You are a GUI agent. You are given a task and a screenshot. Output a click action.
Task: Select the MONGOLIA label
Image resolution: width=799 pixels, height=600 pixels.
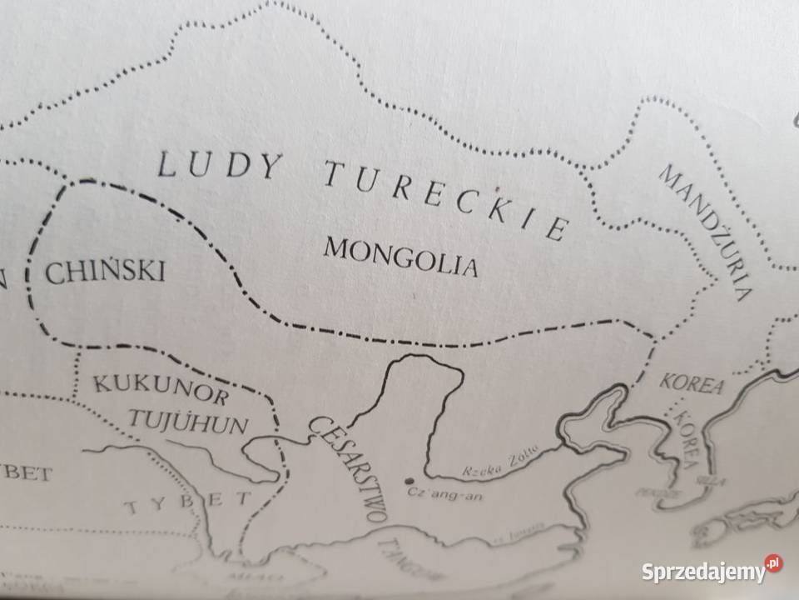coord(401,256)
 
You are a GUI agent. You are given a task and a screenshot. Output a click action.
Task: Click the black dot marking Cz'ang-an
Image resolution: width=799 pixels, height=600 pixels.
coord(408,480)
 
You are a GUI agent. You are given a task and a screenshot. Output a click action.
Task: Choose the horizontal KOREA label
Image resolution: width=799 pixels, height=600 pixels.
coord(692,384)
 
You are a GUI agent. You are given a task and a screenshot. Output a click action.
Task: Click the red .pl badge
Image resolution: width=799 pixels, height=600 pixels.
coord(773,563)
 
